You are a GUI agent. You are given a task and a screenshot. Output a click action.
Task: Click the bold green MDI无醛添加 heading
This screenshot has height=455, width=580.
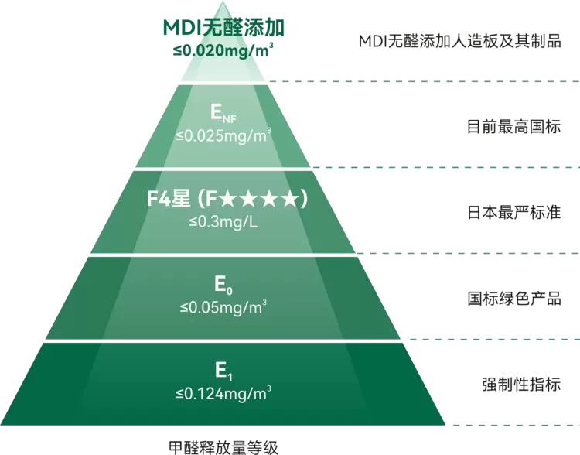tap(224, 28)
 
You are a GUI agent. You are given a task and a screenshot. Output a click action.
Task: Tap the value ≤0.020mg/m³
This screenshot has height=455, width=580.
tap(223, 50)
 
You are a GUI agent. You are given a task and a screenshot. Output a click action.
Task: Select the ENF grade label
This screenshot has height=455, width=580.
tap(223, 113)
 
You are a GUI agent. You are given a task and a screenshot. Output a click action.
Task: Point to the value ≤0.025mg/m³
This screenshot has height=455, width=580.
tap(223, 136)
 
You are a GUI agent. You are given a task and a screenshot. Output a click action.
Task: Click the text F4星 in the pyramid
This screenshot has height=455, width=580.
tap(169, 199)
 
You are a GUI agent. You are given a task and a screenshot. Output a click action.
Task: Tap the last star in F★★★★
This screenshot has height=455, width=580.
tap(289, 200)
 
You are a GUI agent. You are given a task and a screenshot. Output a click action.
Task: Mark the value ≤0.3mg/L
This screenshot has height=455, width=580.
tap(223, 223)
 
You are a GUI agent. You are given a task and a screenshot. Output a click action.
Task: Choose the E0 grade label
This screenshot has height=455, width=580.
tap(223, 285)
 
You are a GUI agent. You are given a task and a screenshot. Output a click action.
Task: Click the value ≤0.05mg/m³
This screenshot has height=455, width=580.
tap(223, 308)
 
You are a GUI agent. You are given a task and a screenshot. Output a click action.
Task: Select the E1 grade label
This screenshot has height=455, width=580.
tap(223, 371)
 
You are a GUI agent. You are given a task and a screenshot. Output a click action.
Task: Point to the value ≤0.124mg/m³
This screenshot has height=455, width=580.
tap(223, 394)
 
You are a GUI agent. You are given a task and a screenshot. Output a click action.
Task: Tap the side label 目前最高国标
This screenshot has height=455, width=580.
tap(513, 126)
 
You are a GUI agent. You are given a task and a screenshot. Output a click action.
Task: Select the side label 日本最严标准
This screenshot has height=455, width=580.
tap(513, 212)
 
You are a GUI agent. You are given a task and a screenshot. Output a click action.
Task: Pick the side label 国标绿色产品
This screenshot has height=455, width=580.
tap(513, 298)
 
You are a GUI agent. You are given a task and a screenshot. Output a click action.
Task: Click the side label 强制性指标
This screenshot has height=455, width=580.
tap(520, 384)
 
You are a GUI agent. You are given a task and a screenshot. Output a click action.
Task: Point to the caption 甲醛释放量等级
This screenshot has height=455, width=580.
tap(223, 446)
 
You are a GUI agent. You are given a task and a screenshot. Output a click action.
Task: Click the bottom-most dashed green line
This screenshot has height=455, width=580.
tap(514, 425)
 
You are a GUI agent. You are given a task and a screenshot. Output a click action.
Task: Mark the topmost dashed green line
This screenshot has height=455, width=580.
tap(424, 80)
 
